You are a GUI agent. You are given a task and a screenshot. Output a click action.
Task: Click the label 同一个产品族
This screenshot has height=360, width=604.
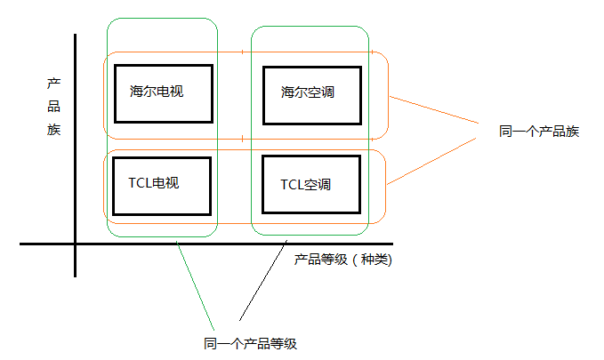point(539,132)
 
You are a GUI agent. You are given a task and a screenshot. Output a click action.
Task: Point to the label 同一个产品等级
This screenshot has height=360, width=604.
point(249,343)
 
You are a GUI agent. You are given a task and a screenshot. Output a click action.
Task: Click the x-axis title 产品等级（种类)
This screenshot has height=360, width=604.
point(343,260)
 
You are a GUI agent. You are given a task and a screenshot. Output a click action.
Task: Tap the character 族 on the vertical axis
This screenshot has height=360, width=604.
point(53,130)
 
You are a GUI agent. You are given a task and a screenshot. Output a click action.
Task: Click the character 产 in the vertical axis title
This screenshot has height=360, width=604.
point(53,84)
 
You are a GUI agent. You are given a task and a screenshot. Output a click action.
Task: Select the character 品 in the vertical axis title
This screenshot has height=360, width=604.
point(53,107)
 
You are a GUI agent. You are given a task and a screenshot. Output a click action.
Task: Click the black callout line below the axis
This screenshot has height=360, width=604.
point(262,281)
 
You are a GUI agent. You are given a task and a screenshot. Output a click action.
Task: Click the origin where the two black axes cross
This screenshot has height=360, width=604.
point(76,244)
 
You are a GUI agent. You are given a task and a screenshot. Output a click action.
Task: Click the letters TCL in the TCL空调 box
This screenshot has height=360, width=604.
point(291,185)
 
